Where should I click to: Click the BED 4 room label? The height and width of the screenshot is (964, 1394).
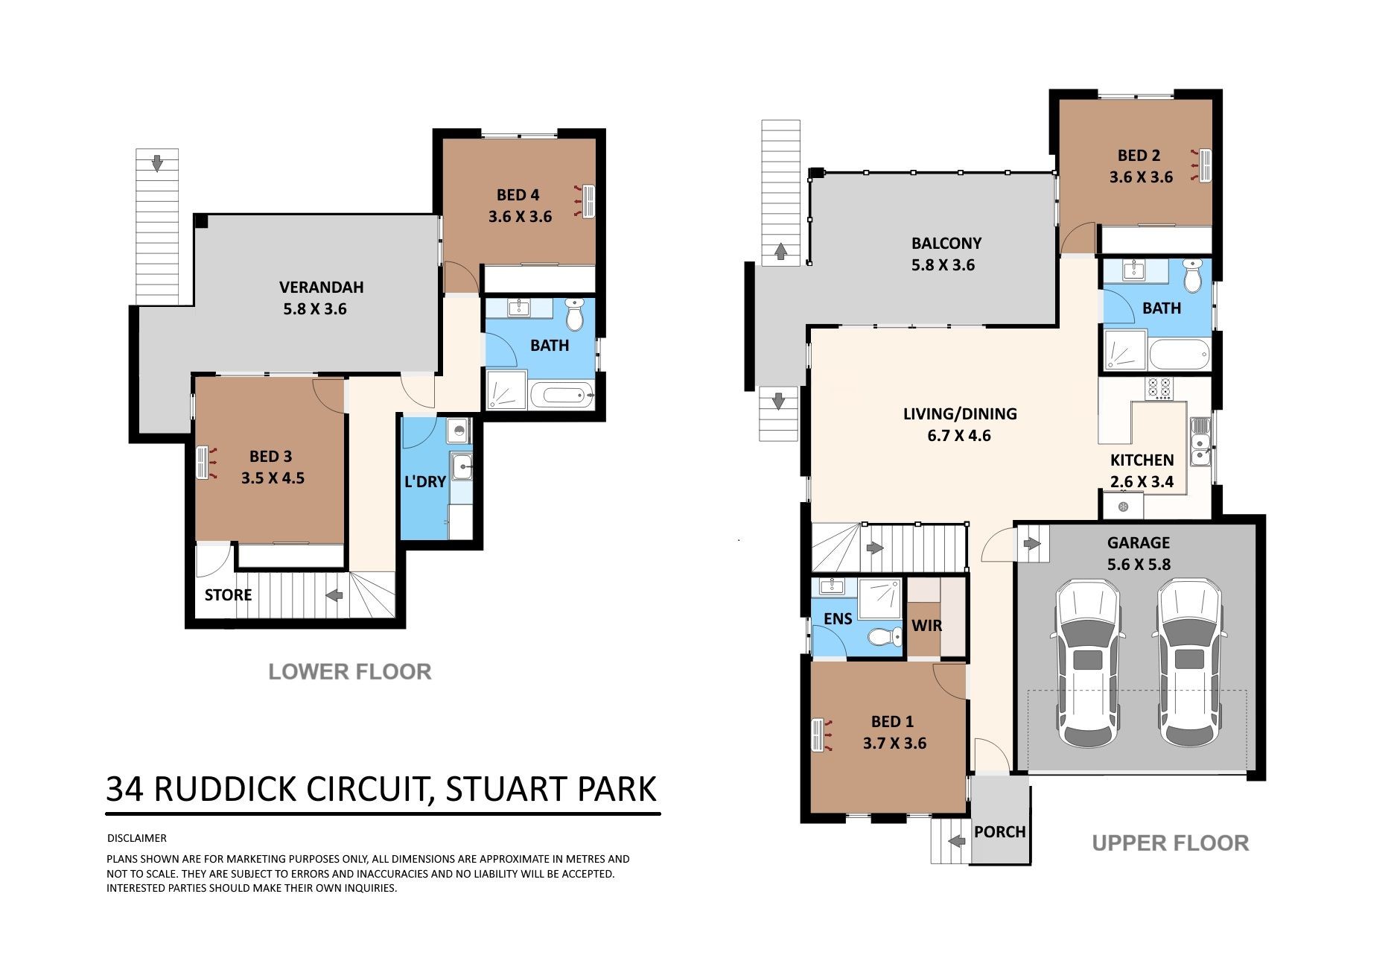[x=518, y=195]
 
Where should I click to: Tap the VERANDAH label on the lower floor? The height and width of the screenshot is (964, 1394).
[x=321, y=287]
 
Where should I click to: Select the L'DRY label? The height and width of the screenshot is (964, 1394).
[x=424, y=482]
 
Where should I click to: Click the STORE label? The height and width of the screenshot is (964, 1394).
[x=228, y=594]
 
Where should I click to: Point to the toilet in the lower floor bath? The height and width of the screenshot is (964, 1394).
[x=574, y=315]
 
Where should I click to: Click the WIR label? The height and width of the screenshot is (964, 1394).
[x=926, y=626]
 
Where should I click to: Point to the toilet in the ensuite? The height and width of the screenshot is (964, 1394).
[x=881, y=638]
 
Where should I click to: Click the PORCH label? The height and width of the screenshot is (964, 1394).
[x=1000, y=831]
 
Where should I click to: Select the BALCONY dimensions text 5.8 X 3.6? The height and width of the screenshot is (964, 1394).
[x=943, y=265]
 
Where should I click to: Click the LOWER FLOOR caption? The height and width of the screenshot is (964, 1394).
[x=350, y=672]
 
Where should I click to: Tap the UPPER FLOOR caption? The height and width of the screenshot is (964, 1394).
[x=1170, y=843]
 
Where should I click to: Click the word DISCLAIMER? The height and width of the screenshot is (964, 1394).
[x=137, y=838]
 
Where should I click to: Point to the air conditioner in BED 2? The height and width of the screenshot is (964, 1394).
[x=1203, y=165]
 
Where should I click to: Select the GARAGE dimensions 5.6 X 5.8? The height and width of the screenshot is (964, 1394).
[x=1139, y=565]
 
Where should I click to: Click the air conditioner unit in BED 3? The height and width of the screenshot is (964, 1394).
[x=203, y=462]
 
